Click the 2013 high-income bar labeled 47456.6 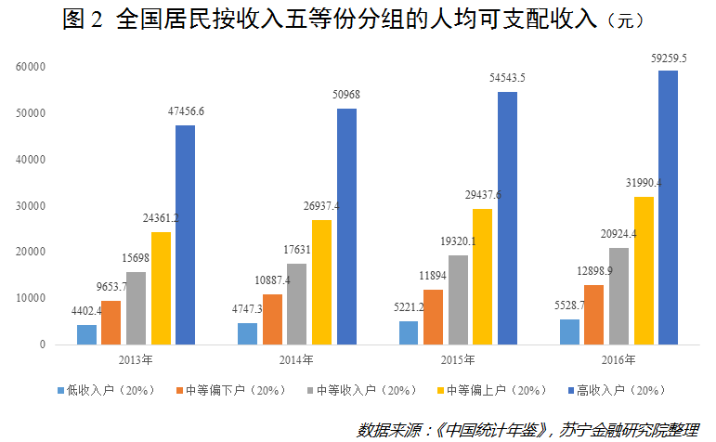pyautogui.click(x=185, y=235)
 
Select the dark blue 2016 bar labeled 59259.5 pyautogui.click(x=668, y=207)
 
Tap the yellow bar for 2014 pyautogui.click(x=321, y=282)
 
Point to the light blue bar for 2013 pyautogui.click(x=86, y=334)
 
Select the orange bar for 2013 pyautogui.click(x=111, y=322)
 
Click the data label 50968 pyautogui.click(x=345, y=95)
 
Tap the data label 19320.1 pyautogui.click(x=458, y=241)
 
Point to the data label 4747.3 pyautogui.click(x=247, y=309)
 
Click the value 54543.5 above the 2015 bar pyautogui.click(x=507, y=78)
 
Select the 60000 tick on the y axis pyautogui.click(x=30, y=67)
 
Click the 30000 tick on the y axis pyautogui.click(x=30, y=206)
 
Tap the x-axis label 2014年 pyautogui.click(x=295, y=359)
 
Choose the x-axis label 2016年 pyautogui.click(x=618, y=359)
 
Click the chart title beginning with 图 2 pyautogui.click(x=353, y=20)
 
